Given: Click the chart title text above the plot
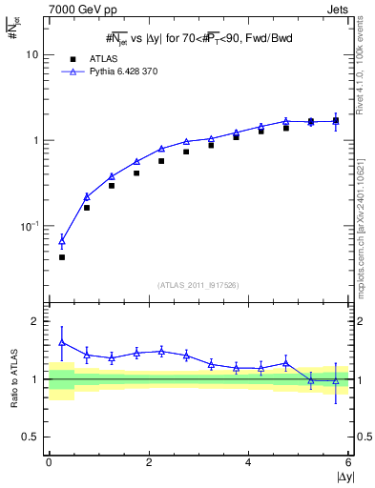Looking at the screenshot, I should pos(198,37).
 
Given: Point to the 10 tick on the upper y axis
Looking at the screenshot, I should pos(32,54).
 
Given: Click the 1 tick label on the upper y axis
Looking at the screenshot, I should pos(36,140).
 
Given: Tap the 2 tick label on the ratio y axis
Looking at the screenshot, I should pos(35,321).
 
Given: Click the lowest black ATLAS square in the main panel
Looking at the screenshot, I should pos(62,257).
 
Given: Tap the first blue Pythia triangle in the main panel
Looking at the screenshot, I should pos(62,241).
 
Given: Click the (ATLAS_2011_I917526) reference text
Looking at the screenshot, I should pos(198,284).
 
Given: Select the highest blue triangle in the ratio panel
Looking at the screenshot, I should pos(62,342).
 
